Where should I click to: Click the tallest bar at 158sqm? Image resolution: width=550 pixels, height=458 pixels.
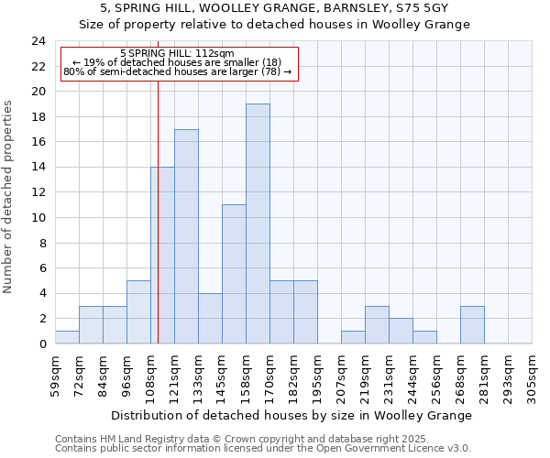(258, 224)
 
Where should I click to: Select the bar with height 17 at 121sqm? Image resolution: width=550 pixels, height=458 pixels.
(186, 236)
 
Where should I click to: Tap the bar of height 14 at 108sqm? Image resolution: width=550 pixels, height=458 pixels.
(162, 255)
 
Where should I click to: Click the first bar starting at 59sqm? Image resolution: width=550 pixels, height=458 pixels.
(67, 337)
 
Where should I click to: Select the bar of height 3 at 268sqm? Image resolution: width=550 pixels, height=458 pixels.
(472, 325)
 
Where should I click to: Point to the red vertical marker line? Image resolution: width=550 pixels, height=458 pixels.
(158, 229)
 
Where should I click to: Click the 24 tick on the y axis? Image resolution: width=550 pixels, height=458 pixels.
(38, 41)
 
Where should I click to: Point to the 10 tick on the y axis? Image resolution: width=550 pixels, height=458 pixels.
(38, 218)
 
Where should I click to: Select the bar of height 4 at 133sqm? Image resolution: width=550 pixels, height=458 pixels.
(210, 319)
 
